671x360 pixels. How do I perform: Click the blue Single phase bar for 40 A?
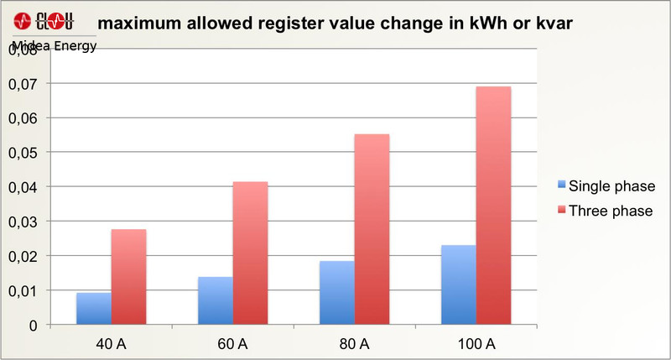(93, 308)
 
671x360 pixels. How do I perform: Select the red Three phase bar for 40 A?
(128, 276)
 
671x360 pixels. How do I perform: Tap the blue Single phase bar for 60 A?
(215, 300)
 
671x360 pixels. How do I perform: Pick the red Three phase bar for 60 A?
(250, 253)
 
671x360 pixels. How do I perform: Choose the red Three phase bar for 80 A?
(372, 229)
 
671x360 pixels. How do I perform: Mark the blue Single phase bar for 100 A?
(458, 284)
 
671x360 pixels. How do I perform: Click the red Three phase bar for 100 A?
(493, 206)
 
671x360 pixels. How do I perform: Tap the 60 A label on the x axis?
(232, 344)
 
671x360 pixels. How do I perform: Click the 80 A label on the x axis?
(354, 344)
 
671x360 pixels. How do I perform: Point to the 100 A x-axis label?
(476, 344)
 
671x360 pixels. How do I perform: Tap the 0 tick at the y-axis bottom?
(34, 325)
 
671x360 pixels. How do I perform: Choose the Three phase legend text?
(611, 211)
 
